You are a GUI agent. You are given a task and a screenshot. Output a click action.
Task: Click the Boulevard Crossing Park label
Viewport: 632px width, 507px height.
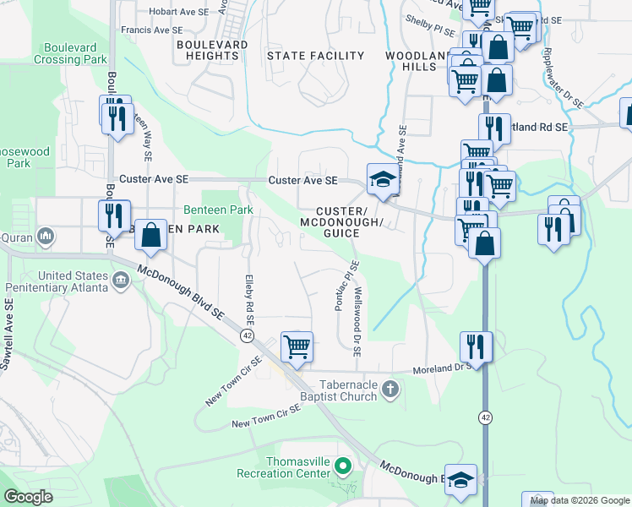pyautogui.click(x=70, y=54)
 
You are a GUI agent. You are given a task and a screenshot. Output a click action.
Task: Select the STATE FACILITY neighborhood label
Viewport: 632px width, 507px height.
pyautogui.click(x=315, y=56)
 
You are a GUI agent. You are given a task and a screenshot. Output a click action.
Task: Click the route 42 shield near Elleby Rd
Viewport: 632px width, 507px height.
pyautogui.click(x=247, y=335)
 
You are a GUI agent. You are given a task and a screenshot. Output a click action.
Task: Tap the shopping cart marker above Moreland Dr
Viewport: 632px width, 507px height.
pyautogui.click(x=297, y=346)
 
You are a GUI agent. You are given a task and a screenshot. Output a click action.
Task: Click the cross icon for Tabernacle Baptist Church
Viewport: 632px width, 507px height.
pyautogui.click(x=390, y=390)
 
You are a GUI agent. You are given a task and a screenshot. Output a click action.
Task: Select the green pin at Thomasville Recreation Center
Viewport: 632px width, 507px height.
pyautogui.click(x=343, y=466)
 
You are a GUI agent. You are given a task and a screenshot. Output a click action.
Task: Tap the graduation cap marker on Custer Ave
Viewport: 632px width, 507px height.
pyautogui.click(x=382, y=179)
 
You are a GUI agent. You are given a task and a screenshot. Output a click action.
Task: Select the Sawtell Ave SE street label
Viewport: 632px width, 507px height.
pyautogui.click(x=8, y=334)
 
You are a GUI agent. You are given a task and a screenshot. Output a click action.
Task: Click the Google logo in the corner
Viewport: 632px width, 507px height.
pyautogui.click(x=28, y=497)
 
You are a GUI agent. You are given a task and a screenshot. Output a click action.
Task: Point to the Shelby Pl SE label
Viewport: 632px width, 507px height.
pyautogui.click(x=431, y=27)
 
